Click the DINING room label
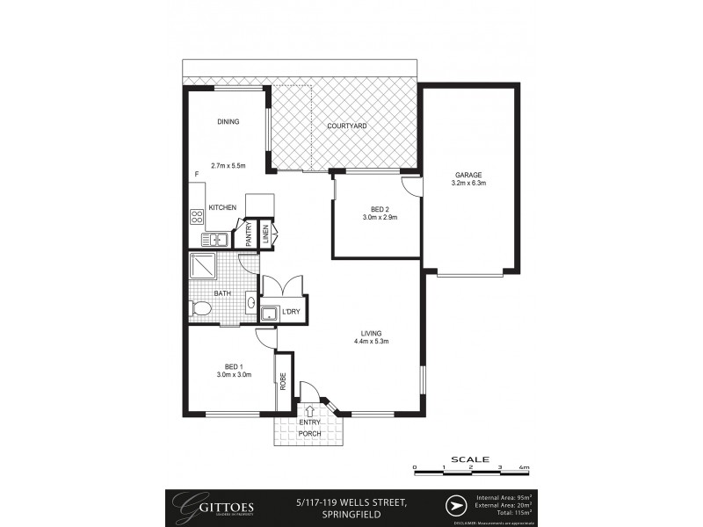tap(228, 122)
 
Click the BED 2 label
tap(380, 209)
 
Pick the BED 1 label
tap(233, 366)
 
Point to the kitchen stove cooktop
tap(196, 216)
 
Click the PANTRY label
tap(249, 235)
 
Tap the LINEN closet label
tap(265, 234)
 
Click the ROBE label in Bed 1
tap(283, 382)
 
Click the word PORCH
tap(310, 433)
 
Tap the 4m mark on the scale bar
tap(525, 467)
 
